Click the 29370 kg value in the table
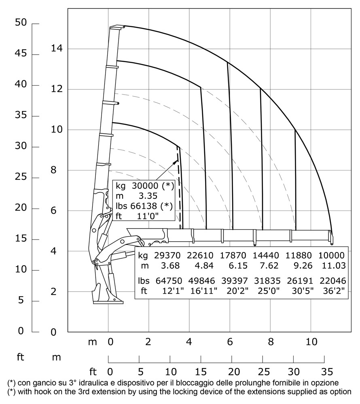point(165,255)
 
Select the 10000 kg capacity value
point(331,255)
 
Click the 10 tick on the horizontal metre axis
point(311,342)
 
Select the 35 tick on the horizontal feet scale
point(324,371)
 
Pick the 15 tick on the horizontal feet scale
point(201,371)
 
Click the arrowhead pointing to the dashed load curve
point(176,161)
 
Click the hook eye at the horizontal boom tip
point(332,244)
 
